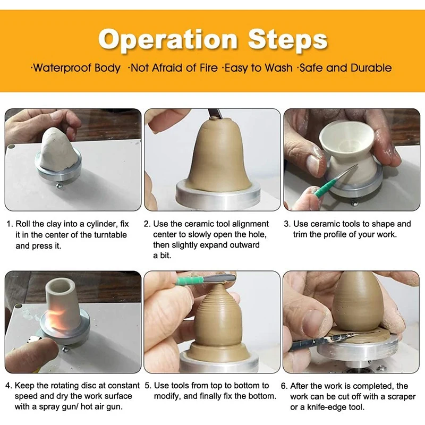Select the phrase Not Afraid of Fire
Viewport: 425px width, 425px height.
(174, 68)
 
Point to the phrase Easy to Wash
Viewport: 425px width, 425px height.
(258, 68)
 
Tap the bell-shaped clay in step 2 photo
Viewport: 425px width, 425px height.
(213, 159)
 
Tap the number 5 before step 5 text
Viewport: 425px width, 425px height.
(147, 386)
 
